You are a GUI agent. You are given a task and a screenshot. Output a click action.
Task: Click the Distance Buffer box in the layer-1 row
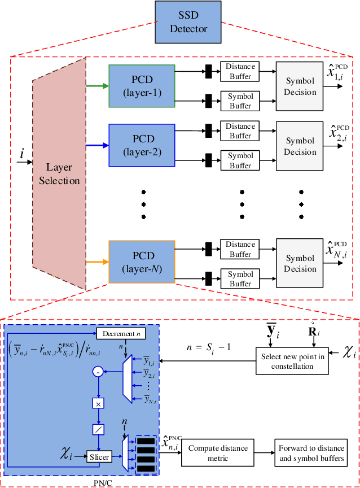[240, 71]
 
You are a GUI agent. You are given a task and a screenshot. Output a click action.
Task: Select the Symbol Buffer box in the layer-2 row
[240, 160]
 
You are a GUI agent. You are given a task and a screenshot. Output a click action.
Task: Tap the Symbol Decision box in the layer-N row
[300, 263]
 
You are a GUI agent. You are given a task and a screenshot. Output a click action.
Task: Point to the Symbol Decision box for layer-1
[300, 86]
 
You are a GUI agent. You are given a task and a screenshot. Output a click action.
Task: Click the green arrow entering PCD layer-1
[96, 86]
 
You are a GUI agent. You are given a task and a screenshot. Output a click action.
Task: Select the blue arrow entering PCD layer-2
[96, 145]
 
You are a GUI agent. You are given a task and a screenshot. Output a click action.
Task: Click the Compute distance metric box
[218, 453]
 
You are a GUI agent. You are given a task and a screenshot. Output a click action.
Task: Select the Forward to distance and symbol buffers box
[311, 453]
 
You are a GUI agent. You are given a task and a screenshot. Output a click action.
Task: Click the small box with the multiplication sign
[99, 403]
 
